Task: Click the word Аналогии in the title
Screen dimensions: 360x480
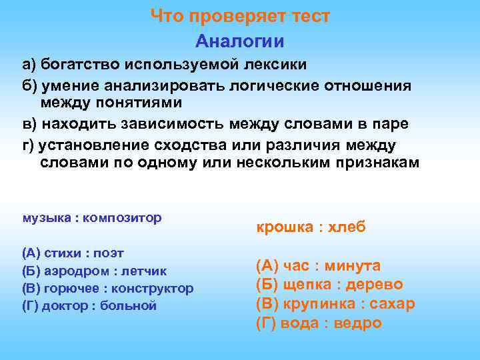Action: point(239,41)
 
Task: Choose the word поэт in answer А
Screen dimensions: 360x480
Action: point(108,253)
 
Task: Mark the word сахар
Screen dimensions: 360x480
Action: point(391,304)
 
